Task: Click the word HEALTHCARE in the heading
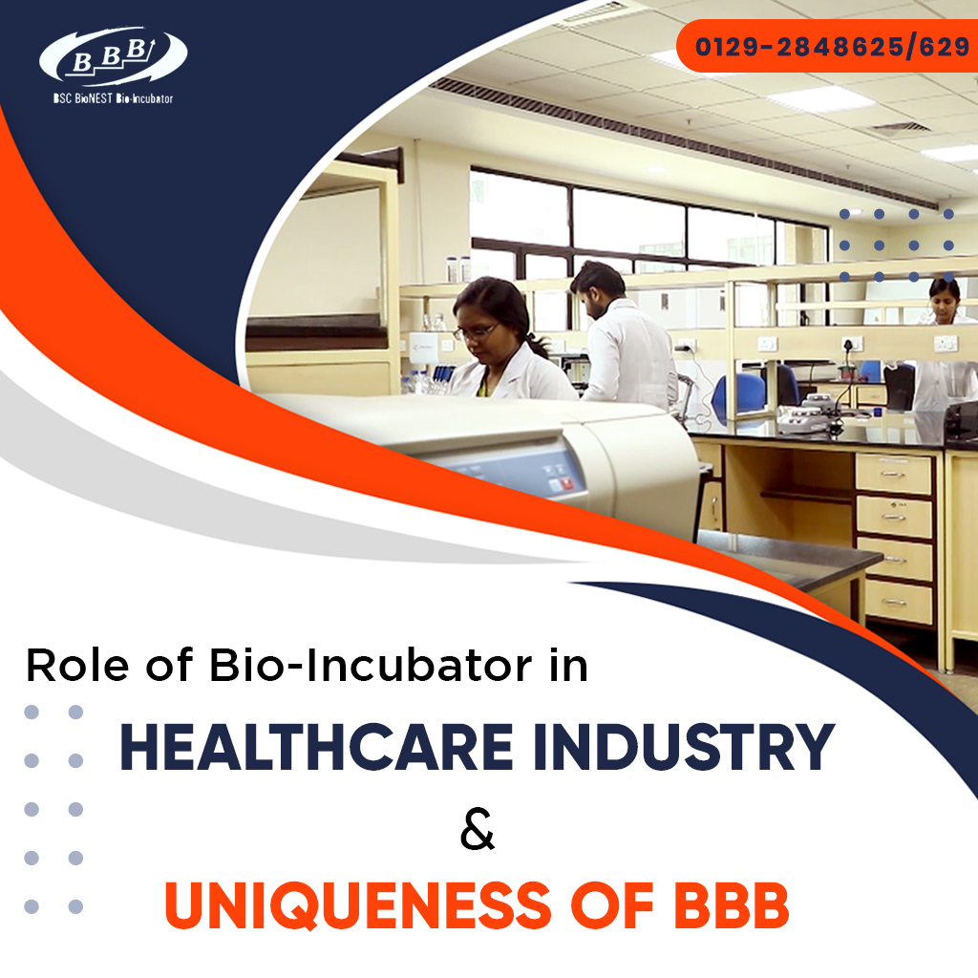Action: click(x=303, y=748)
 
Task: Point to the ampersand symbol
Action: click(x=478, y=829)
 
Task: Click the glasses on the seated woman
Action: click(x=475, y=331)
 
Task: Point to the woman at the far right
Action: click(x=944, y=344)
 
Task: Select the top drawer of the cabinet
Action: click(x=894, y=474)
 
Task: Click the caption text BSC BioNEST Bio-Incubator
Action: click(x=113, y=98)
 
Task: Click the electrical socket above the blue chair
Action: click(x=767, y=343)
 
